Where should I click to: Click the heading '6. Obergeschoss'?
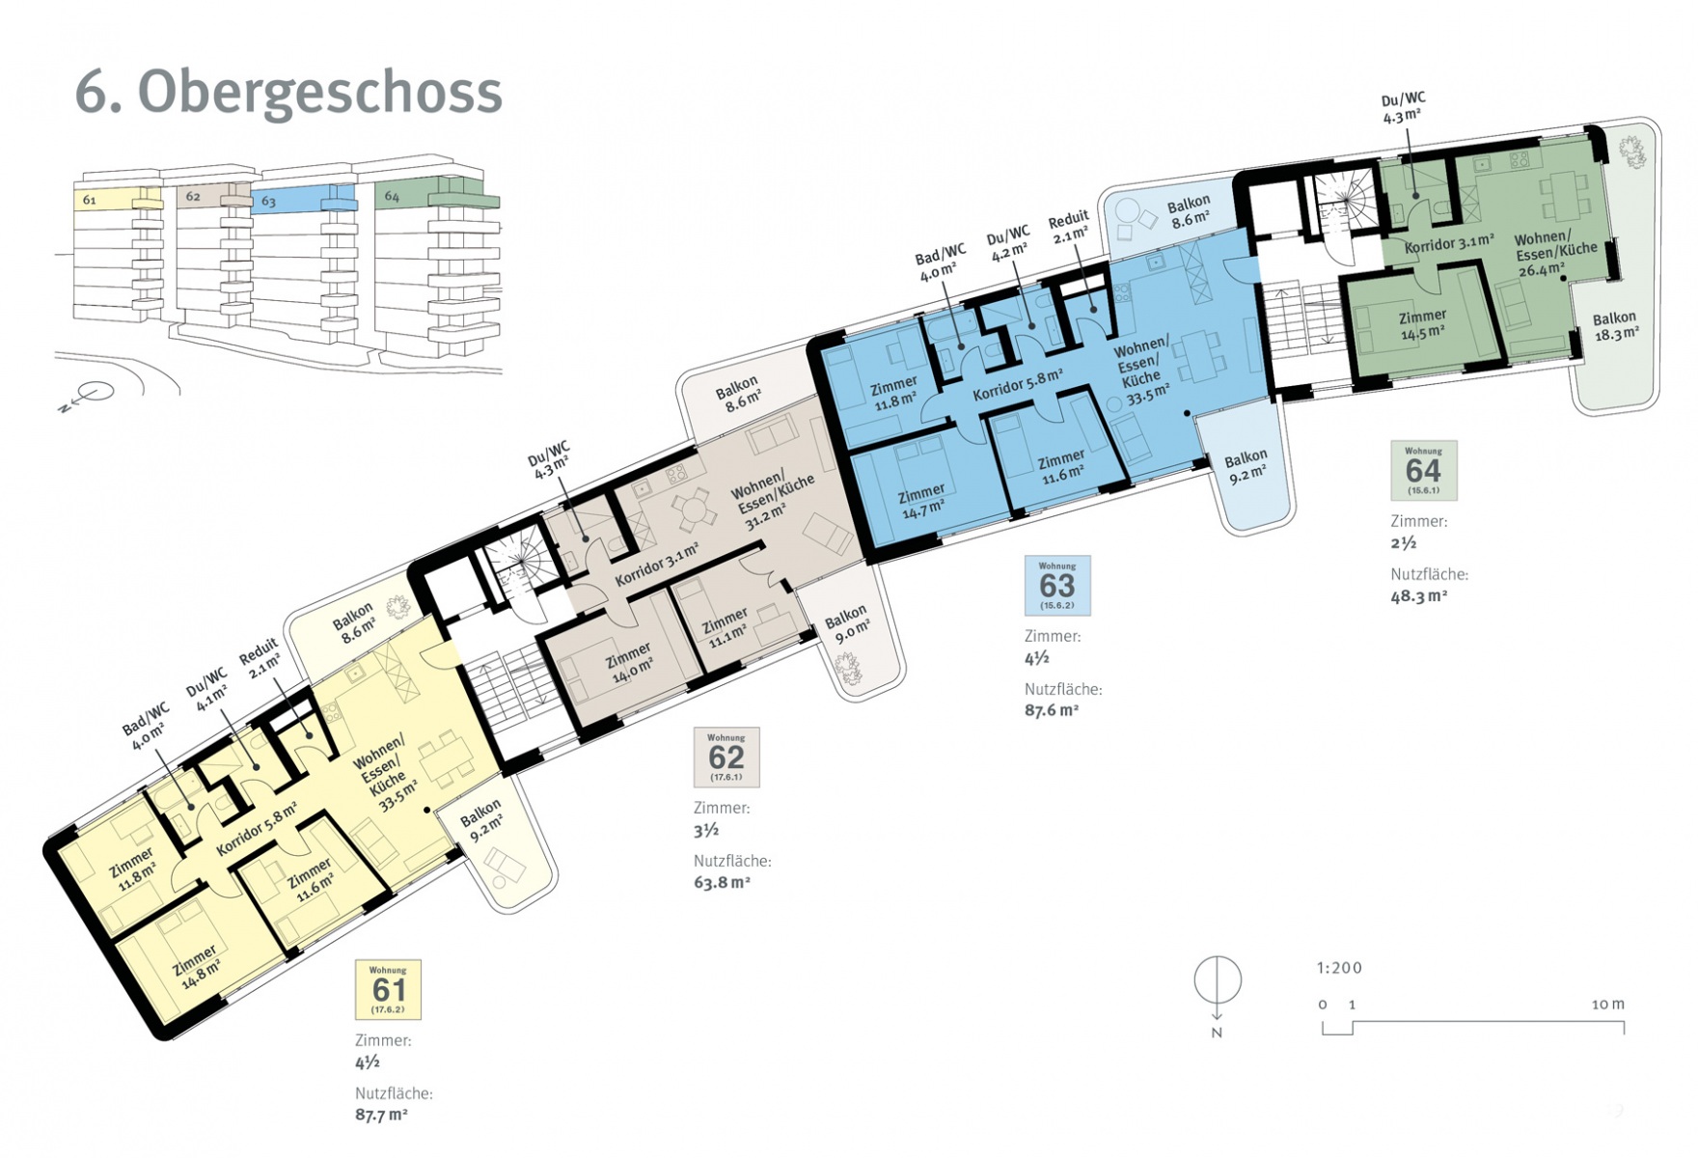(x=288, y=93)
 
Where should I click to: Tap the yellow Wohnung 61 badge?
(x=388, y=989)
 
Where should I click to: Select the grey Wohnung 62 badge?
(x=726, y=758)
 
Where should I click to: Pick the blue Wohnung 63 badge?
(x=1057, y=586)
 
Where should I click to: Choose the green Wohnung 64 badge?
(x=1424, y=470)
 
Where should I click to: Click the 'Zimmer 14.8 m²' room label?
(x=196, y=964)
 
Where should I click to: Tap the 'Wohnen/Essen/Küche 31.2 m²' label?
(x=773, y=501)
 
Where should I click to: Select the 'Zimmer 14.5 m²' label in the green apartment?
(x=1423, y=324)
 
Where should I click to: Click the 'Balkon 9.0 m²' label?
(x=847, y=622)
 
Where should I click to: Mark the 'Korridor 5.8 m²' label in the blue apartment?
(x=1019, y=384)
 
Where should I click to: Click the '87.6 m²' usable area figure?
(x=1052, y=710)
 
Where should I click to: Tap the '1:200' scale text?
(x=1339, y=968)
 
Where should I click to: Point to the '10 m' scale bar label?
(x=1608, y=1005)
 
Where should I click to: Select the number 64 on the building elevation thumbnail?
(x=392, y=196)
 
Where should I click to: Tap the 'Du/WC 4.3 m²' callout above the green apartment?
(x=1403, y=108)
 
